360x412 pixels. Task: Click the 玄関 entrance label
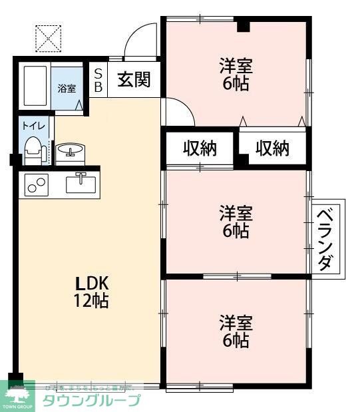(134, 79)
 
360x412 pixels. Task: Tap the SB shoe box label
(98, 79)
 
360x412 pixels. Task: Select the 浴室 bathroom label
(67, 88)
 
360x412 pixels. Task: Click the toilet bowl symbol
(32, 149)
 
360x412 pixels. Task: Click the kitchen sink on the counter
(81, 181)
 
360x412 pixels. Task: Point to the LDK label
(87, 281)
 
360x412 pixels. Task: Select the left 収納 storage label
(200, 148)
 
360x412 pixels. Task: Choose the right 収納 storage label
(273, 148)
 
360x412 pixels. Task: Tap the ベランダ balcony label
(325, 239)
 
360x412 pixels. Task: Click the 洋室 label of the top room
(236, 65)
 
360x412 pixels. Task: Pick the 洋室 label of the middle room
(236, 213)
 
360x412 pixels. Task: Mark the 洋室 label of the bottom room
(236, 323)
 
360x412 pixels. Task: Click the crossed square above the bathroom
(48, 38)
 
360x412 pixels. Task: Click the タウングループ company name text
(91, 400)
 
